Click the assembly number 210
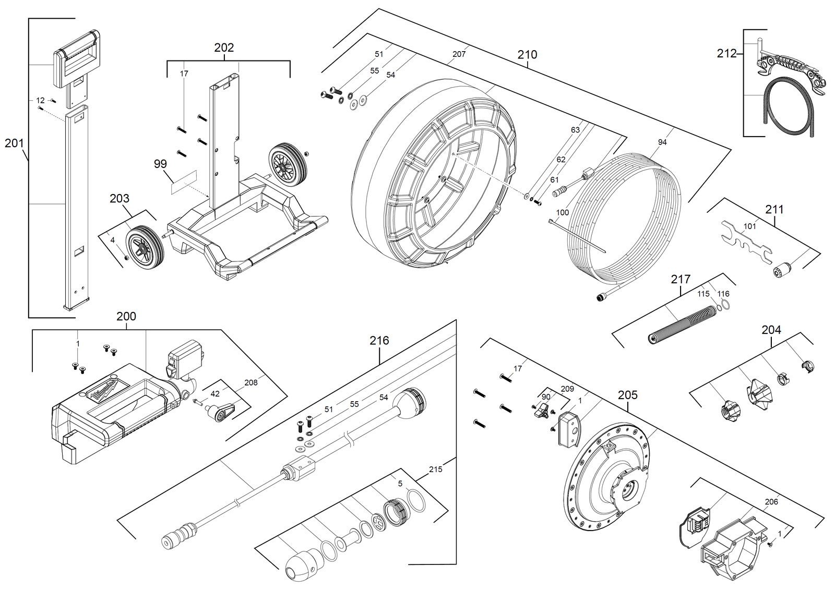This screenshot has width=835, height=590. click(527, 55)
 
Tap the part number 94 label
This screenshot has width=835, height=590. click(662, 142)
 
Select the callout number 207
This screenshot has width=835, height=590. click(459, 54)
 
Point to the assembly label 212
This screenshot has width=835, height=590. click(726, 54)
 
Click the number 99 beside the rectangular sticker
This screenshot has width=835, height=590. click(161, 164)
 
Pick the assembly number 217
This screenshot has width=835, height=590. click(681, 279)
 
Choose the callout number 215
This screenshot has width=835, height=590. click(435, 469)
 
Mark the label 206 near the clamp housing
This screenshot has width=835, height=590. click(771, 502)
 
